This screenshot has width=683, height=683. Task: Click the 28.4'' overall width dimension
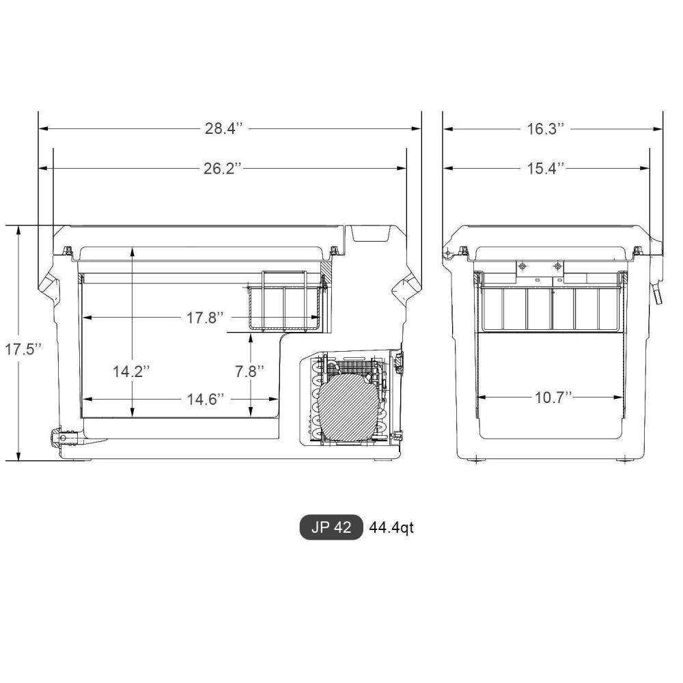(224, 128)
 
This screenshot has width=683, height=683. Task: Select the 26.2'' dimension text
(223, 168)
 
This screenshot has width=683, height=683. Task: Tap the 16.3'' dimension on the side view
(546, 128)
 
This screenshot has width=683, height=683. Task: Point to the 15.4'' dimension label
(546, 168)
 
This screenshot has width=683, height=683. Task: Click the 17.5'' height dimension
(23, 349)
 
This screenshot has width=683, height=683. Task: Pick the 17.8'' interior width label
(206, 318)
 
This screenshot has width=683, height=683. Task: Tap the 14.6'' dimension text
(206, 400)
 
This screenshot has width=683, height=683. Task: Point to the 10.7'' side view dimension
(553, 398)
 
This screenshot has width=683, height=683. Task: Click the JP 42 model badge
(331, 528)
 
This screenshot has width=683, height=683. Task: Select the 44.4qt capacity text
(391, 528)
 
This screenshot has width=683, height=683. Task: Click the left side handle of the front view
(50, 288)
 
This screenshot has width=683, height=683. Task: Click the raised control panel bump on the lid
(369, 234)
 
